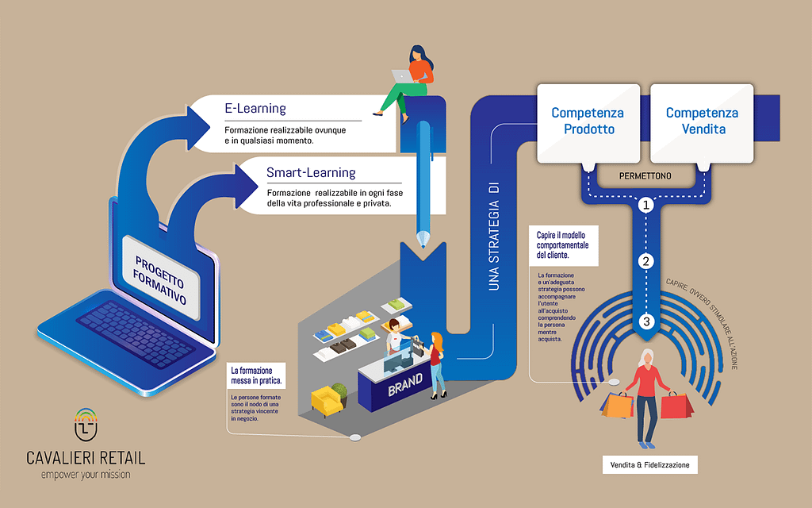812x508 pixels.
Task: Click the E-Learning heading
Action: coord(255,109)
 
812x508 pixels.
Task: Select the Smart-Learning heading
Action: coord(311,172)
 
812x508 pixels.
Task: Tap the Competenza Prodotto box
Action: coord(588,121)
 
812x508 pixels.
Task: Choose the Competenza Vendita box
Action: coord(702,121)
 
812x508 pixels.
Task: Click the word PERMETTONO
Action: coord(645,173)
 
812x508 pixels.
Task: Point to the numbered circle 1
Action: coord(646,205)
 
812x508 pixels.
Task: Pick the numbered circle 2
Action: coord(646,261)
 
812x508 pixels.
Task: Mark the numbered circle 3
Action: coord(646,321)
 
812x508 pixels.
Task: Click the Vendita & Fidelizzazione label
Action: coord(649,464)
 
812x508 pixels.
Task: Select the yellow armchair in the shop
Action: coord(326,400)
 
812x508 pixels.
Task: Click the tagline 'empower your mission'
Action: coord(86,474)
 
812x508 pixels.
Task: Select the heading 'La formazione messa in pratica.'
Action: coord(255,375)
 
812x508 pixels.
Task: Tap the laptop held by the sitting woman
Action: coord(403,75)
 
